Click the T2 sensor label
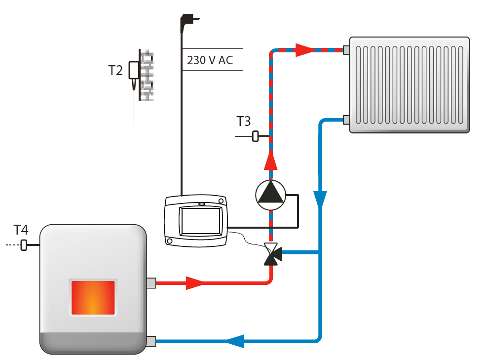click(x=115, y=71)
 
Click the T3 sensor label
click(x=244, y=121)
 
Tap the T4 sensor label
click(x=21, y=230)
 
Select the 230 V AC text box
click(x=213, y=60)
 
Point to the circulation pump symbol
click(x=270, y=193)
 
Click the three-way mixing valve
click(x=271, y=253)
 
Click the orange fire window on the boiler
click(x=93, y=298)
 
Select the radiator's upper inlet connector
click(x=346, y=49)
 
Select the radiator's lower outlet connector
click(x=346, y=120)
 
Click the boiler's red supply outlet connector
click(x=151, y=283)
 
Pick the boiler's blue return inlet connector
click(x=151, y=340)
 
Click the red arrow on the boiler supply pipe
click(x=194, y=283)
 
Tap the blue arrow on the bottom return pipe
click(x=235, y=340)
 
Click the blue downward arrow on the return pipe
click(x=321, y=199)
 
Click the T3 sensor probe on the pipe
click(x=256, y=136)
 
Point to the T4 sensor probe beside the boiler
click(x=24, y=245)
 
